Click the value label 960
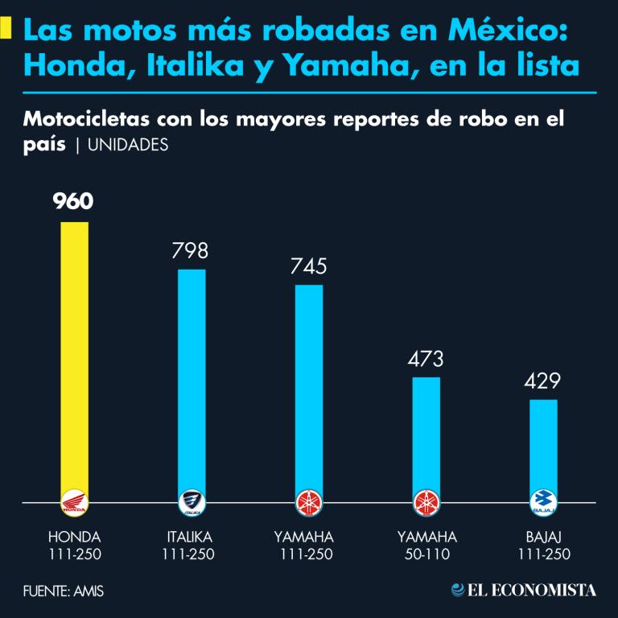[74, 201]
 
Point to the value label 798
[190, 250]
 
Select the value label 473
[425, 359]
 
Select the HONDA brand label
[75, 537]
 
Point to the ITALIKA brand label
[192, 537]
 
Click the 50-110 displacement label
[426, 554]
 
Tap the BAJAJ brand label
[544, 537]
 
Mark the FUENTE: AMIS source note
[64, 591]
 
